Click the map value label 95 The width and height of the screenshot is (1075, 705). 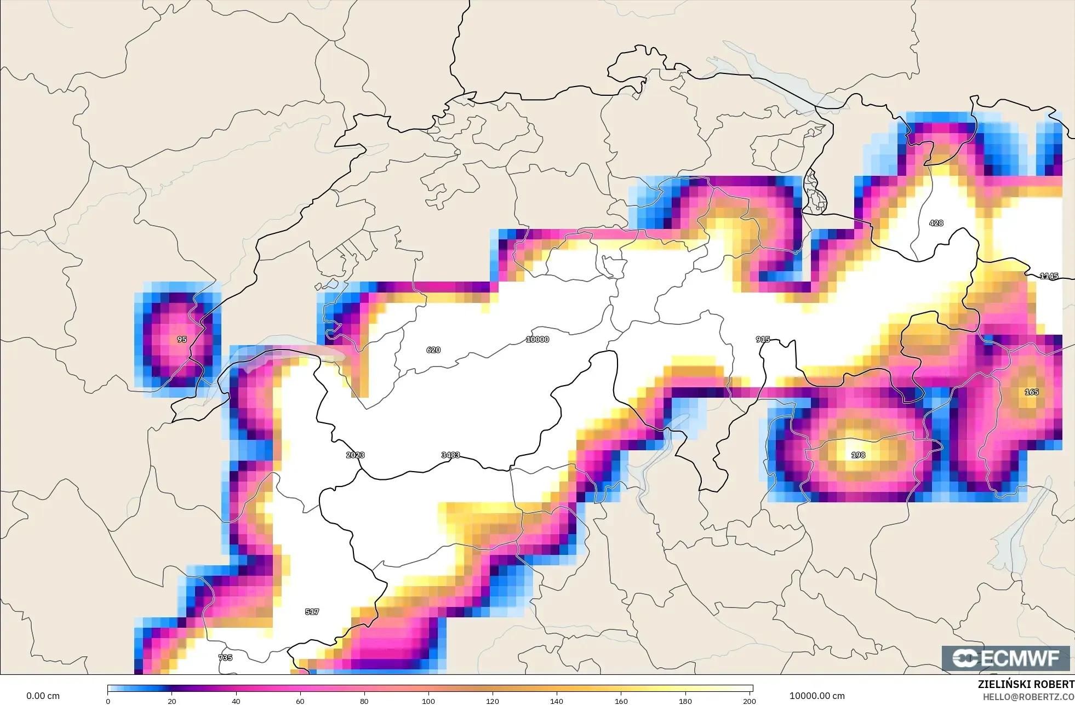pos(182,340)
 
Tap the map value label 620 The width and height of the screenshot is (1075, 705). pos(433,350)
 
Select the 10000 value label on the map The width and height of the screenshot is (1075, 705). pos(537,340)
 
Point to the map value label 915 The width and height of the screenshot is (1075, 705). pos(763,340)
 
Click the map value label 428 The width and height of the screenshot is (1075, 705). pos(936,223)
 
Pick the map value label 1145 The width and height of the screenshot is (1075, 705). pos(1049,276)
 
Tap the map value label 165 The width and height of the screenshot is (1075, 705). pos(1032,392)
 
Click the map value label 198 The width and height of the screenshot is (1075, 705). pos(858,455)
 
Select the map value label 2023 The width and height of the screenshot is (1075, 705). pos(355,455)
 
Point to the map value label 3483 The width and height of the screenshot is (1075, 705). pos(450,455)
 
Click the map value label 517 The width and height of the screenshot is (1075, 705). pos(312,612)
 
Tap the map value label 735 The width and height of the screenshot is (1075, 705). pos(225,657)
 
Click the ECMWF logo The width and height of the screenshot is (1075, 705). pos(1005,658)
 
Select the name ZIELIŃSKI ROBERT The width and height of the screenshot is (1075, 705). pos(1026,684)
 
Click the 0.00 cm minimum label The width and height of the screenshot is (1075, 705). pos(43,696)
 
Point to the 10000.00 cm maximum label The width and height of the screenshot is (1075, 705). pos(817,696)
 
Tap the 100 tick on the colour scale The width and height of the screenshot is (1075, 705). pos(428,701)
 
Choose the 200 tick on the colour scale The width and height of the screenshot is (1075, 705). pos(749,701)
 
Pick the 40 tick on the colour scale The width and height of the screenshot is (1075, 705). pos(236,701)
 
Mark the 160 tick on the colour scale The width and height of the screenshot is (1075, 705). pos(621,701)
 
